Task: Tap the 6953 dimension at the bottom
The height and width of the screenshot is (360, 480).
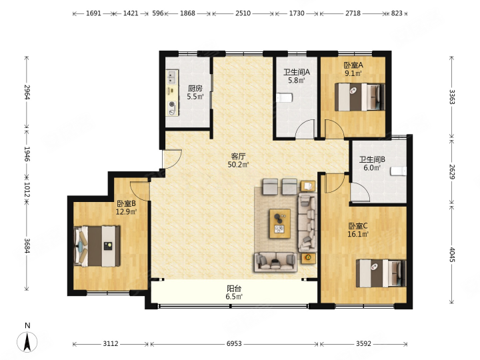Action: pyautogui.click(x=234, y=344)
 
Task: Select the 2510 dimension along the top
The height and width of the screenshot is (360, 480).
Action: pyautogui.click(x=243, y=13)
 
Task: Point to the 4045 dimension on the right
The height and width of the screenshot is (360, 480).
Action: pyautogui.click(x=453, y=255)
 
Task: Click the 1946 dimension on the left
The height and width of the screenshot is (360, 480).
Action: pyautogui.click(x=27, y=154)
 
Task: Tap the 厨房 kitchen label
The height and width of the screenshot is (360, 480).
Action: pyautogui.click(x=195, y=89)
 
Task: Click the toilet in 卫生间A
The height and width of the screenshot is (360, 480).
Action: pyautogui.click(x=285, y=97)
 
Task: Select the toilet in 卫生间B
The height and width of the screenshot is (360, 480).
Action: pyautogui.click(x=398, y=171)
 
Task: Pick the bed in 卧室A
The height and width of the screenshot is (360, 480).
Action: pyautogui.click(x=360, y=97)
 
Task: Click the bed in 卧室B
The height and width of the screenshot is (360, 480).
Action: pyautogui.click(x=97, y=246)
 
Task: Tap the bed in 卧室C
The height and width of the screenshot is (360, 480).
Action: pyautogui.click(x=381, y=273)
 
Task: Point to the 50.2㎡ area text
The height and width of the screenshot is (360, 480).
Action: pyautogui.click(x=238, y=165)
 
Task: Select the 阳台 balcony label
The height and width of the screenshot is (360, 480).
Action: pyautogui.click(x=234, y=289)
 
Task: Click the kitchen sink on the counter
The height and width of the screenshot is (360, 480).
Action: pyautogui.click(x=172, y=77)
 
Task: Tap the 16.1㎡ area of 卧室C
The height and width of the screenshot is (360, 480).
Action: pyautogui.click(x=358, y=235)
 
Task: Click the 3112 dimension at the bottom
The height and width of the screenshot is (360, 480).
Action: pyautogui.click(x=111, y=344)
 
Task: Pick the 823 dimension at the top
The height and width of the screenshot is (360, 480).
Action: pyautogui.click(x=397, y=13)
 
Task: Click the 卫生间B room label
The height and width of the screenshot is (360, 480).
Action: pyautogui.click(x=372, y=159)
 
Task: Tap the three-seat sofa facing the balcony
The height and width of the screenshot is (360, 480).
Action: pyautogui.click(x=275, y=262)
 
